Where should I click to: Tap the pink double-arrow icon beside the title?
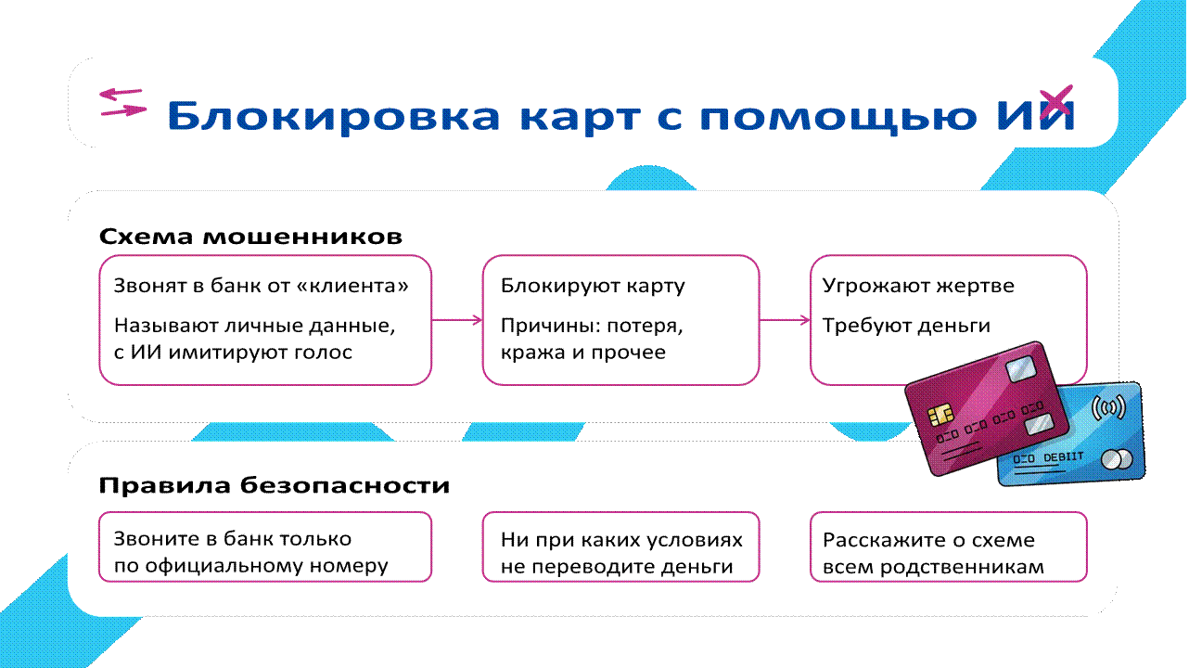pos(121,102)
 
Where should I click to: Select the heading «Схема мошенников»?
pos(250,237)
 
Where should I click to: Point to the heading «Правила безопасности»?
pos(275,485)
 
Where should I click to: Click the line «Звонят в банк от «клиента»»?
pos(261,286)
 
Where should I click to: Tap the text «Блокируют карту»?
pos(593,286)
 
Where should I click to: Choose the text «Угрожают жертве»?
pos(918,286)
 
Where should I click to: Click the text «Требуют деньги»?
pos(906,326)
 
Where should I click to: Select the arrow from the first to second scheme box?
pos(457,320)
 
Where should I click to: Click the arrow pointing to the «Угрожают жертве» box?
pos(785,320)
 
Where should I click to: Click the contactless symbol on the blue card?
pos(1107,407)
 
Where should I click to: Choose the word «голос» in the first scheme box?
pos(324,353)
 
